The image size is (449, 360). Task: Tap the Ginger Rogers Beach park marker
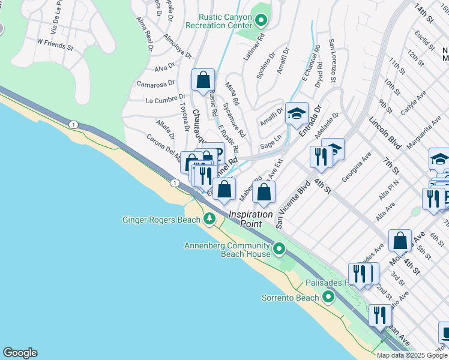coord(209,219)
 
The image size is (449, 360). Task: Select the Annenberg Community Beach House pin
coord(279,248)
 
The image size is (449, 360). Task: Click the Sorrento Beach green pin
coord(328,297)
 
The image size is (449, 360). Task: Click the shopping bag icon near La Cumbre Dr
coord(203,80)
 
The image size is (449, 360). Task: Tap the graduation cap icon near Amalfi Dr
coord(297,113)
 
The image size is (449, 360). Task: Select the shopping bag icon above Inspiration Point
coord(264,193)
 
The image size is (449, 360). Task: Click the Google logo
coord(20,353)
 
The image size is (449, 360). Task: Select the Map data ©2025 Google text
coord(412,355)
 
